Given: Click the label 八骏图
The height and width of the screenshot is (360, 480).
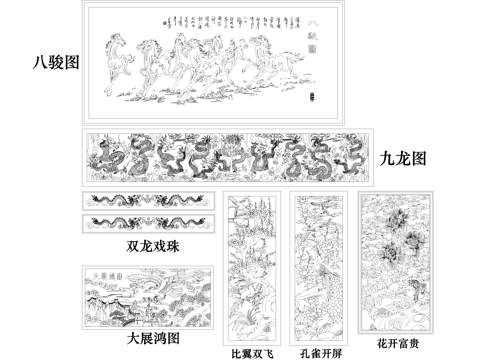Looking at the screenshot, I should [57, 63].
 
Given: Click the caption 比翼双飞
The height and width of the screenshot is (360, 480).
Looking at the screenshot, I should [252, 352].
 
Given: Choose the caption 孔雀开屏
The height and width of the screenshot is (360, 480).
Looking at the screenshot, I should [319, 352].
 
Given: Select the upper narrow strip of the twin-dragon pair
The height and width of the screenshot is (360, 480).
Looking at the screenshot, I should [148, 200].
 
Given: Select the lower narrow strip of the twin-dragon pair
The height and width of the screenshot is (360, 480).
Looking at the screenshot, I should [148, 221].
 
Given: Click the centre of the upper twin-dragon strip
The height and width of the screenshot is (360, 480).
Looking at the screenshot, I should [148, 200].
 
